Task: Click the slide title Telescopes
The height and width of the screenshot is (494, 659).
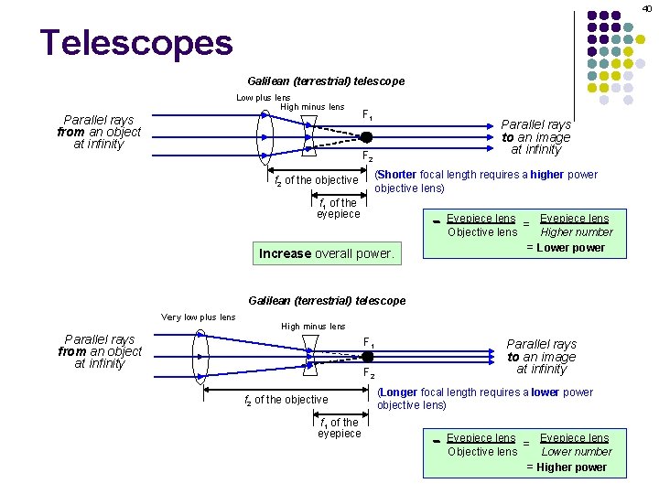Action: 135,42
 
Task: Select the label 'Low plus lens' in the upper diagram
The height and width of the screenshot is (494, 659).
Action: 263,97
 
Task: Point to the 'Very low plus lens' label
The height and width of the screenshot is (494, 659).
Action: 198,317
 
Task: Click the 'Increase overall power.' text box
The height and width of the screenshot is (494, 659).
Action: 327,253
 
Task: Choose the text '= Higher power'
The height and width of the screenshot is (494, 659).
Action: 566,467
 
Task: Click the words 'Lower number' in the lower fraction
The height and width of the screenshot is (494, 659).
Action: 576,452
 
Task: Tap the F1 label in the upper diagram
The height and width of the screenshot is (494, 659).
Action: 367,116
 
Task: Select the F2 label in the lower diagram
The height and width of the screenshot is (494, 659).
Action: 368,373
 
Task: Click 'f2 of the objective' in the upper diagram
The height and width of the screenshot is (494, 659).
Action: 317,180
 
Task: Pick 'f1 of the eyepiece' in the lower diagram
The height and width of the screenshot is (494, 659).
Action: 339,427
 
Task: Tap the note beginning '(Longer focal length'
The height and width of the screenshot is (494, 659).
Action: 484,399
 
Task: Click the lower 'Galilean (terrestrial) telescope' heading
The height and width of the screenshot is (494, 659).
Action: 327,301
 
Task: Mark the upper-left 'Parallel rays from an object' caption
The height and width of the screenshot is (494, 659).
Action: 99,132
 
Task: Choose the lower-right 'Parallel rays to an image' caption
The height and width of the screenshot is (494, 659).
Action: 541,357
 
